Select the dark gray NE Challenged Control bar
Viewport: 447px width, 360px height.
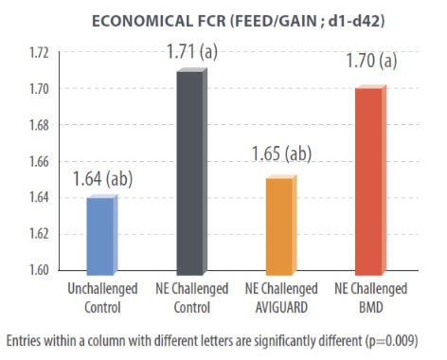pos(189,171)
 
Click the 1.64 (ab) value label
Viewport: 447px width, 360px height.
pos(104,176)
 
